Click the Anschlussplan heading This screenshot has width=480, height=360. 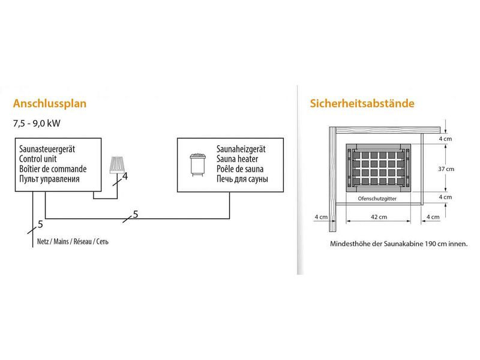click(50, 103)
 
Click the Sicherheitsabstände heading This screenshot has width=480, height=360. click(362, 103)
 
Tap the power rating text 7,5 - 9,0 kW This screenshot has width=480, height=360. click(37, 124)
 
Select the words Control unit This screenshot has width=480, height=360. click(38, 159)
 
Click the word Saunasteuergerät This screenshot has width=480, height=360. click(47, 149)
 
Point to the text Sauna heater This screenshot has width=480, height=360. click(237, 159)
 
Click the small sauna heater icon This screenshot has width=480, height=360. click(197, 164)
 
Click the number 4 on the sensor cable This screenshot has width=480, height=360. click(125, 176)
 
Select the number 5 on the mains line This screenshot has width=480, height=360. click(40, 224)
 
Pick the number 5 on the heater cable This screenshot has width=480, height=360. click(136, 215)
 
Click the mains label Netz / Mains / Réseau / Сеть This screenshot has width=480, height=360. click(73, 242)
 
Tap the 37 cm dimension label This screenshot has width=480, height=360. click(446, 169)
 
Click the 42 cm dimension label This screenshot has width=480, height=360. click(379, 217)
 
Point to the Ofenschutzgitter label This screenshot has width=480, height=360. click(377, 199)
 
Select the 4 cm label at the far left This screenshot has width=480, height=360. click(321, 217)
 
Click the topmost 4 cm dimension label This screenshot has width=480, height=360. click(445, 139)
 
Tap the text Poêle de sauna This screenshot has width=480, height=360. click(240, 169)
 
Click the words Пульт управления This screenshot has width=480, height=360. click(49, 179)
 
